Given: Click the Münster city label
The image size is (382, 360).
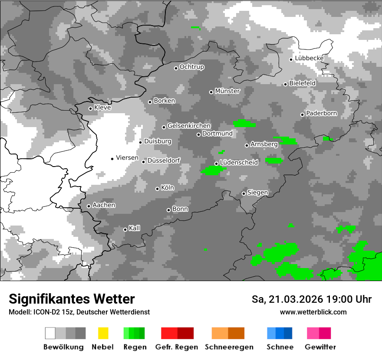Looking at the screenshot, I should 227,91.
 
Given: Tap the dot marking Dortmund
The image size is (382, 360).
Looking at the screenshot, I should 198,134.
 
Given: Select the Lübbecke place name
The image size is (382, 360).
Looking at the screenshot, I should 309,59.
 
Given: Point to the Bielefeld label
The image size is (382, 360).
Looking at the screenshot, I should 302,83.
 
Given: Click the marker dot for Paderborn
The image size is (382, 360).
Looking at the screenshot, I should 303,115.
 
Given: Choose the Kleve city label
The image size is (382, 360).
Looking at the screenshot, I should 102,108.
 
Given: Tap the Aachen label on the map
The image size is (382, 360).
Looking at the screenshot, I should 104,205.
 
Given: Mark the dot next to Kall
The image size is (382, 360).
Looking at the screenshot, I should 125,229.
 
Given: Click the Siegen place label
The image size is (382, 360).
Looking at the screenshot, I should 257,193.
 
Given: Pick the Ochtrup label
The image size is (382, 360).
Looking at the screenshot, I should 192,67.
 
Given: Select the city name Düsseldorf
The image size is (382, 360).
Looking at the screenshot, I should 164,161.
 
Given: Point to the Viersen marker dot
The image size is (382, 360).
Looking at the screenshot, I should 112,159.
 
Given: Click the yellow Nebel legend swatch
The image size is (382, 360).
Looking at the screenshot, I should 103,333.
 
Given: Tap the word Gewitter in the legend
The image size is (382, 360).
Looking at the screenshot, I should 320,347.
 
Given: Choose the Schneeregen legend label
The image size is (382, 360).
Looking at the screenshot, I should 229,347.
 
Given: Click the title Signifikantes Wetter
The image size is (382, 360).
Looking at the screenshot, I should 72,299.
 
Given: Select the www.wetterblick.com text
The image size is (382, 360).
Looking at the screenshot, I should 313,312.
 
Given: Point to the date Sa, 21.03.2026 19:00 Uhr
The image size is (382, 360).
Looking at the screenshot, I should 311,299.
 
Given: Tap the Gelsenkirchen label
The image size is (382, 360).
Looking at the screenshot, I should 189,126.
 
